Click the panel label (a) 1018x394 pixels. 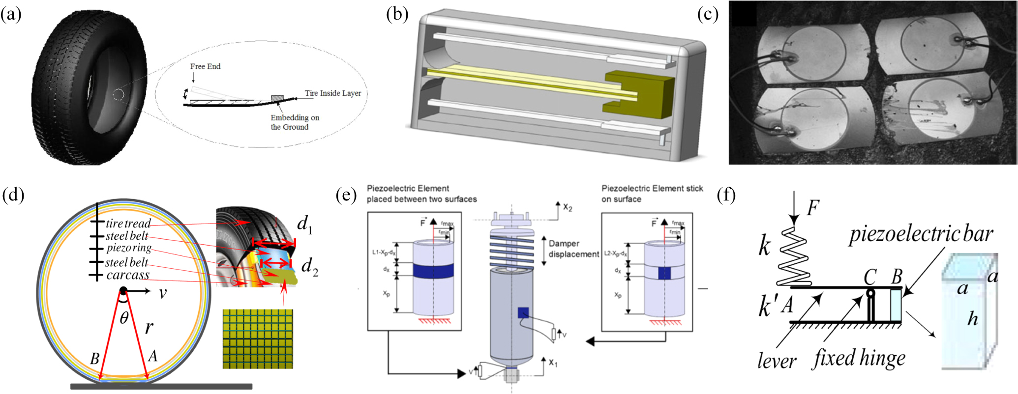(x=11, y=15)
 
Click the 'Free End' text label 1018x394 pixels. (x=205, y=66)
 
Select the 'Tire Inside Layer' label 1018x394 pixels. (x=332, y=93)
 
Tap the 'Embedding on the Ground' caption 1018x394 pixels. (x=294, y=122)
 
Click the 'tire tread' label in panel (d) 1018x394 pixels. (x=128, y=223)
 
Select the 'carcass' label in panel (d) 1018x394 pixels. (x=127, y=275)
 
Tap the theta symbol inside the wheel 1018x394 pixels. (x=124, y=318)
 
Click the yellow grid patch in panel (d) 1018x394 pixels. (x=257, y=339)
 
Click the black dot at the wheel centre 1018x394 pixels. (x=123, y=291)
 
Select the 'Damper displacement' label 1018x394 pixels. (x=573, y=249)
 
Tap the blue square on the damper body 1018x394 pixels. (x=523, y=312)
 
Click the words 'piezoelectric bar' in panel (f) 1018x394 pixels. (x=921, y=234)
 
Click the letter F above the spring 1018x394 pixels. (x=812, y=208)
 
